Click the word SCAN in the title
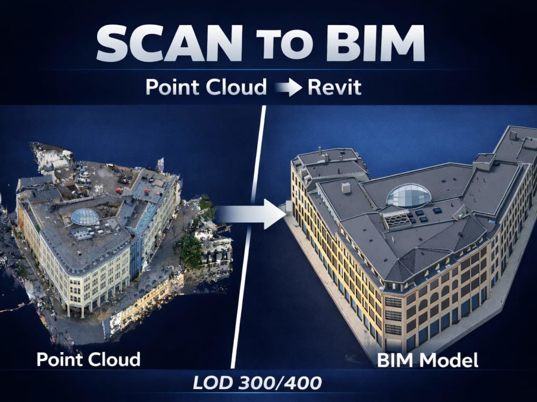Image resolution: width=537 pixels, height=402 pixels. pyautogui.click(x=169, y=43)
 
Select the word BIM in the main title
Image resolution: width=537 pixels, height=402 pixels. pyautogui.click(x=375, y=43)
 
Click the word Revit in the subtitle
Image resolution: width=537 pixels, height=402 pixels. pyautogui.click(x=334, y=87)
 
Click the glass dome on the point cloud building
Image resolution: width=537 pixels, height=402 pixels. pyautogui.click(x=85, y=216)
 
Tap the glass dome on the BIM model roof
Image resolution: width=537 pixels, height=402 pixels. pyautogui.click(x=409, y=195)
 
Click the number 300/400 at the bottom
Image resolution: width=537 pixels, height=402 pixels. pyautogui.click(x=279, y=383)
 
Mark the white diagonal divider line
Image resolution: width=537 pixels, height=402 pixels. pyautogui.click(x=248, y=237)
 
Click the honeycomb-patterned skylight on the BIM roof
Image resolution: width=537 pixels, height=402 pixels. pyautogui.click(x=396, y=219)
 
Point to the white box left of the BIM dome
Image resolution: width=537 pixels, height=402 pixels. pyautogui.click(x=346, y=188)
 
